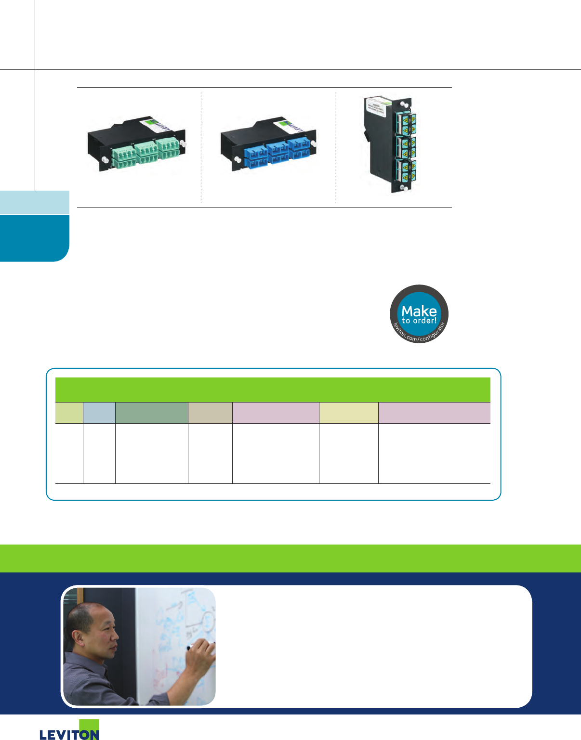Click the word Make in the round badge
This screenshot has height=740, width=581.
click(419, 311)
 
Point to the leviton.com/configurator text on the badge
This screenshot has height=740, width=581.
click(419, 335)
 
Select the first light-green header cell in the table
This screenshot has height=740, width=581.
click(69, 413)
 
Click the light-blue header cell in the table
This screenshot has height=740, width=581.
click(99, 413)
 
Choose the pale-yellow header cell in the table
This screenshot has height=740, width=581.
click(348, 413)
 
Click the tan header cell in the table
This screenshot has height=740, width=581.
click(210, 413)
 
